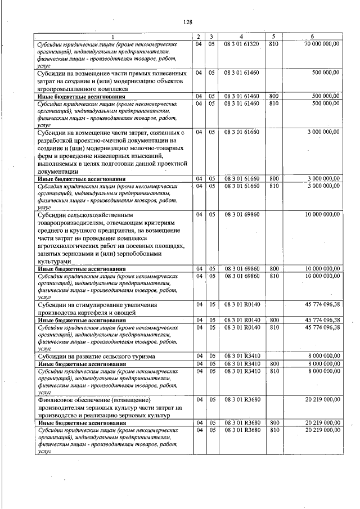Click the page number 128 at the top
pyautogui.click(x=188, y=22)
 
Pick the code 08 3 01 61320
pyautogui.click(x=241, y=44)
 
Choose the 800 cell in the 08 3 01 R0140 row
pyautogui.click(x=274, y=320)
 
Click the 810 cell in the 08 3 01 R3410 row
pyautogui.click(x=274, y=371)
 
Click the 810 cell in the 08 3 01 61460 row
pyautogui.click(x=274, y=103)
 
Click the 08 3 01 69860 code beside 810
pyautogui.click(x=241, y=276)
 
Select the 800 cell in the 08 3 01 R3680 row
pyautogui.click(x=274, y=422)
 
